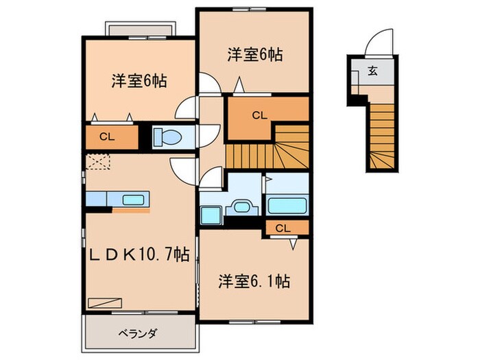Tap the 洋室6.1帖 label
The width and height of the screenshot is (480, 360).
pyautogui.click(x=254, y=280)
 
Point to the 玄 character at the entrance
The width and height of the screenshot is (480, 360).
pyautogui.click(x=372, y=69)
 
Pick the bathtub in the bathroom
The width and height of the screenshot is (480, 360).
pyautogui.click(x=287, y=205)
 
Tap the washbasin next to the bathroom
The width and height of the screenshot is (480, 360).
pyautogui.click(x=241, y=208)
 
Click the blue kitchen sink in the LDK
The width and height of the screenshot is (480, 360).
pyautogui.click(x=133, y=200)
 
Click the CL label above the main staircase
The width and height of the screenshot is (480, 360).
pyautogui.click(x=258, y=115)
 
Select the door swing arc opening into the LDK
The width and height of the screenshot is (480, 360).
pyautogui.click(x=182, y=168)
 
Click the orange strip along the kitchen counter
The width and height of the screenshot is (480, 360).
pyautogui.click(x=131, y=211)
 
